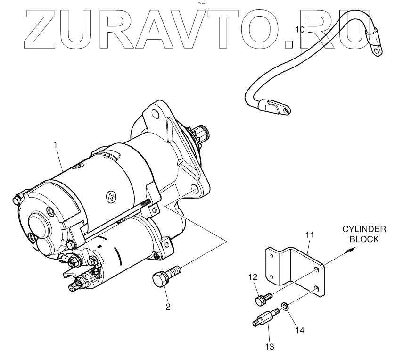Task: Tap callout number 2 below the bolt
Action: (x=168, y=307)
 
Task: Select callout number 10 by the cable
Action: (x=300, y=30)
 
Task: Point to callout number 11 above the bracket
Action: (x=309, y=234)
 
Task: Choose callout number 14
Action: (x=300, y=331)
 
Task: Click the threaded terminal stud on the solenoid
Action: (x=75, y=285)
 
